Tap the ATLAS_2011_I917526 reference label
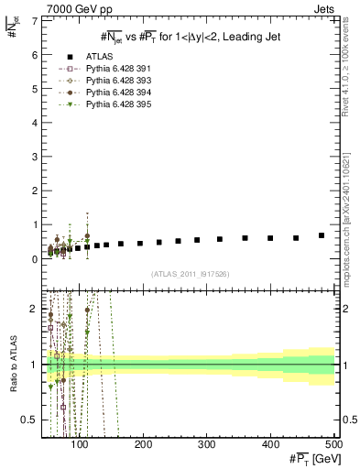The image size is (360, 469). (190, 274)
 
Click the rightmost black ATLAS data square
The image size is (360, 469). (322, 235)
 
